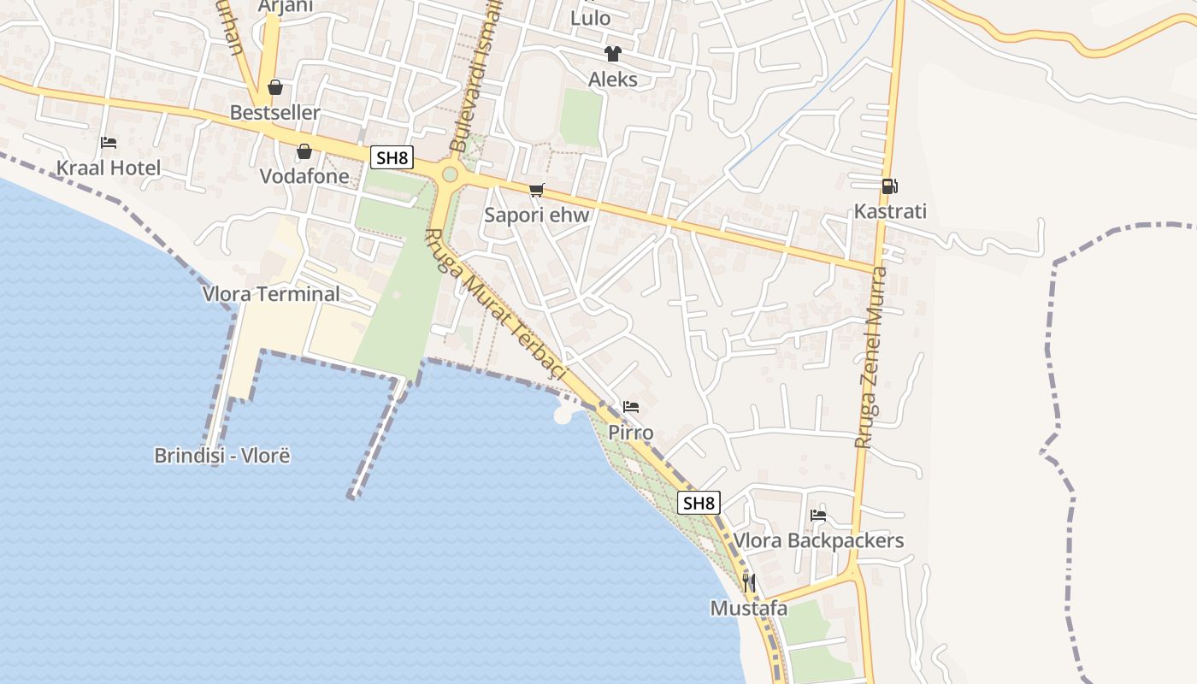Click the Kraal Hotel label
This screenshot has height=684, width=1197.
pyautogui.click(x=109, y=168)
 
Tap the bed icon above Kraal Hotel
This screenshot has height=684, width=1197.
pyautogui.click(x=109, y=142)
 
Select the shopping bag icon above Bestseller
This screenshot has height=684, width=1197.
pyautogui.click(x=275, y=87)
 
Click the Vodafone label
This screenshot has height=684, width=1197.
pyautogui.click(x=305, y=177)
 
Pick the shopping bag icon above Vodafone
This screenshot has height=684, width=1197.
pyautogui.click(x=304, y=151)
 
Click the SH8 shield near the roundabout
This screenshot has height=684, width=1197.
pyautogui.click(x=392, y=157)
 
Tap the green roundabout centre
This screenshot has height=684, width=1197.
pyautogui.click(x=450, y=175)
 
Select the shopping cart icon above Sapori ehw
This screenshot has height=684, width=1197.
pyautogui.click(x=536, y=190)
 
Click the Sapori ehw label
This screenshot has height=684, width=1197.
pyautogui.click(x=537, y=215)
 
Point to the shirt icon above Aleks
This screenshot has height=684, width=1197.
pyautogui.click(x=613, y=54)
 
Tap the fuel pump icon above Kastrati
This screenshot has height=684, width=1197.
pyautogui.click(x=890, y=186)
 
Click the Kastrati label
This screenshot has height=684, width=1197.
pyautogui.click(x=890, y=212)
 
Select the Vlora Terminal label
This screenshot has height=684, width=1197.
pyautogui.click(x=271, y=294)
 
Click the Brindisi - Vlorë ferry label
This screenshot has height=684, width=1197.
pyautogui.click(x=222, y=456)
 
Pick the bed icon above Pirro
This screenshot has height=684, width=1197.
pyautogui.click(x=631, y=407)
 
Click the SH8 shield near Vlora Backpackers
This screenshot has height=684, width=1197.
pyautogui.click(x=699, y=503)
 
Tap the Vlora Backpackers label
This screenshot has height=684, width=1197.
pyautogui.click(x=818, y=541)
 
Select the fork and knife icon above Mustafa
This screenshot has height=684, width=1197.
pyautogui.click(x=749, y=583)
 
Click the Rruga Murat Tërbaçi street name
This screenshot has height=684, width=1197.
pyautogui.click(x=497, y=304)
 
